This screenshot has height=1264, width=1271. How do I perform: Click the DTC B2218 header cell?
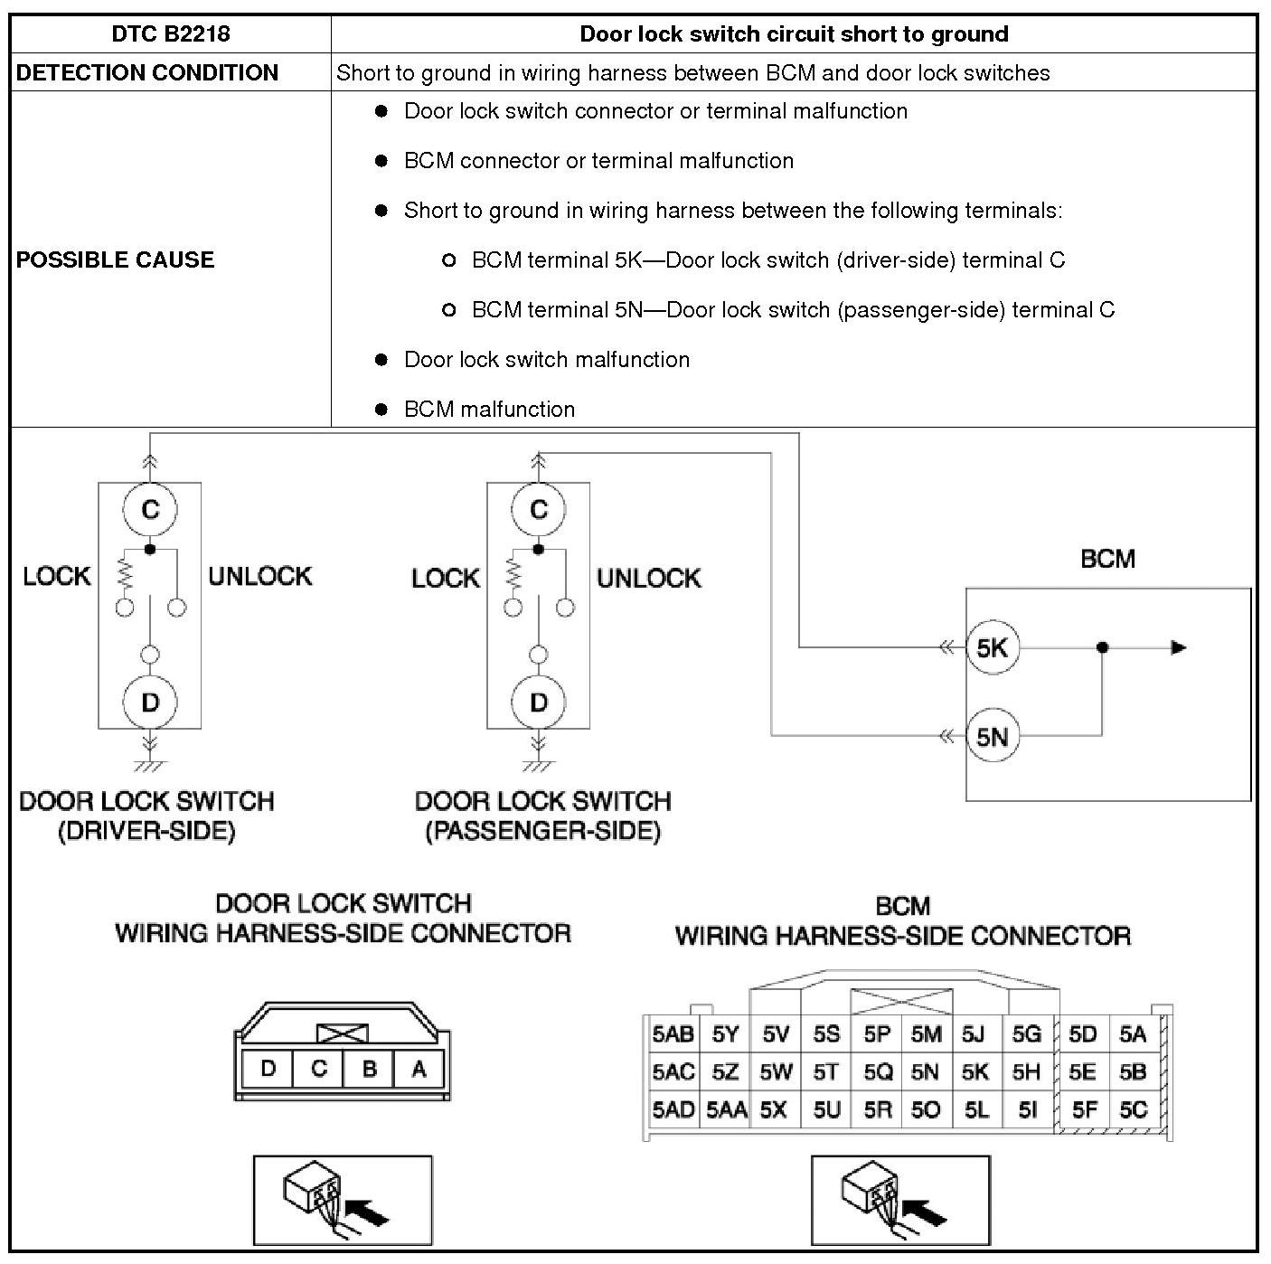(x=171, y=34)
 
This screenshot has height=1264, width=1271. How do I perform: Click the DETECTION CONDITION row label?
(x=147, y=73)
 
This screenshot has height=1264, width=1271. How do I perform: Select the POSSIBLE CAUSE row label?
(x=116, y=260)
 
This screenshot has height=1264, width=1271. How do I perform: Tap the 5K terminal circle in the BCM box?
(x=992, y=647)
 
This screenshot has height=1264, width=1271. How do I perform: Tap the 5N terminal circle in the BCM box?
(x=992, y=737)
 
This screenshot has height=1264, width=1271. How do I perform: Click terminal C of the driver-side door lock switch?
(x=150, y=510)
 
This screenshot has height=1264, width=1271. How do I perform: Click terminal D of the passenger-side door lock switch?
(x=539, y=702)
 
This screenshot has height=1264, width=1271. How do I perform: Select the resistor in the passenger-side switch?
(x=513, y=573)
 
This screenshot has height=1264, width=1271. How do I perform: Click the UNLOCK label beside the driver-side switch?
(x=260, y=577)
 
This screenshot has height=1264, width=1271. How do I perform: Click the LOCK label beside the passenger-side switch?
(x=445, y=579)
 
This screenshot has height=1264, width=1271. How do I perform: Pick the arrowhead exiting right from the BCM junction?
(x=1178, y=647)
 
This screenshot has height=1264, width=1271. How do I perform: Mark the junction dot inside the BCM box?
(x=1102, y=647)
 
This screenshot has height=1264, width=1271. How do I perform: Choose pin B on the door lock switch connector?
(x=369, y=1070)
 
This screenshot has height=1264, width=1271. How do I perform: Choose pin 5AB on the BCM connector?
(x=673, y=1034)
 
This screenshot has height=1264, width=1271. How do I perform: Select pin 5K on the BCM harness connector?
(x=975, y=1072)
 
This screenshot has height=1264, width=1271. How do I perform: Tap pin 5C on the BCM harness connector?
(x=1133, y=1109)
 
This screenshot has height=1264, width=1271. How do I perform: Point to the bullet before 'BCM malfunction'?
(x=381, y=410)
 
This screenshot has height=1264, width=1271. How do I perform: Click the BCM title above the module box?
(x=1107, y=559)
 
